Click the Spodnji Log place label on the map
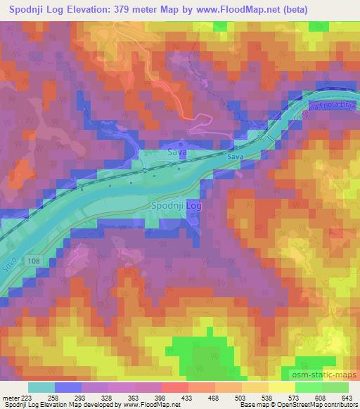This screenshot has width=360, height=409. [x=176, y=206]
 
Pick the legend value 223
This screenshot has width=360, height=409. [x=26, y=398]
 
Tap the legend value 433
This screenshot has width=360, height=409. [x=188, y=398]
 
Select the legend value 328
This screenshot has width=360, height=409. [x=107, y=398]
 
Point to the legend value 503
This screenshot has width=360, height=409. [x=241, y=398]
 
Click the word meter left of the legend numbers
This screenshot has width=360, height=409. [x=11, y=398]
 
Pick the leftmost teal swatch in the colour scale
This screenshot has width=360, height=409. [x=41, y=387]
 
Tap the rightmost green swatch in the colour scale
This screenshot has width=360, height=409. [x=335, y=387]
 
